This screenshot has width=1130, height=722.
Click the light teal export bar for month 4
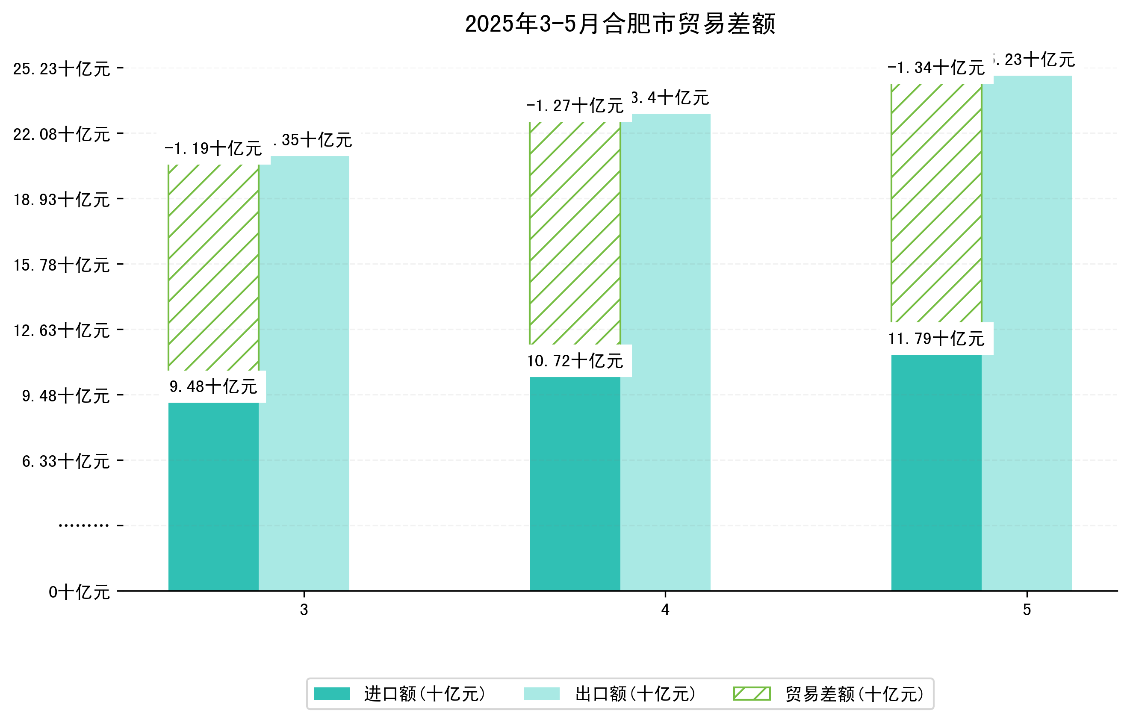(665, 352)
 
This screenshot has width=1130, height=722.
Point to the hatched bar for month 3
(213, 268)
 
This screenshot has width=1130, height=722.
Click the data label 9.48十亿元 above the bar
(213, 386)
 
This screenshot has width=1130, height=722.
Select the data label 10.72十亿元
(575, 361)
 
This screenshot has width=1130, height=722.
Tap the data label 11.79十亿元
(936, 338)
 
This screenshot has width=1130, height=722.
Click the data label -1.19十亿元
(213, 149)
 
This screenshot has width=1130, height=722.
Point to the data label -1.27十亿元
(575, 106)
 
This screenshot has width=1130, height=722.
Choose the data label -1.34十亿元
(936, 68)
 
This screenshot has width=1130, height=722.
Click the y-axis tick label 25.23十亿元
(62, 69)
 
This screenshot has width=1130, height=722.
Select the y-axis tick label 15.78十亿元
(62, 265)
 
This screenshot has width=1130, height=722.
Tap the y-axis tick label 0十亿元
(79, 592)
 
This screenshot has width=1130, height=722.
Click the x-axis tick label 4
(665, 610)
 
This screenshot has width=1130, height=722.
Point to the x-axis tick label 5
(1027, 610)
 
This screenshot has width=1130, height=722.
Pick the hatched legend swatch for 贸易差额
(752, 693)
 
